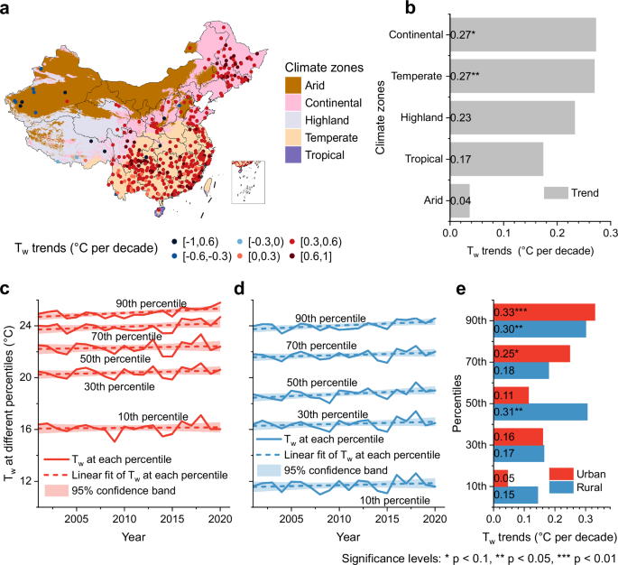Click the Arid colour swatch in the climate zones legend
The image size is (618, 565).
pyautogui.click(x=293, y=85)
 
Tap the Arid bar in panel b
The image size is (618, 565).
pyautogui.click(x=476, y=200)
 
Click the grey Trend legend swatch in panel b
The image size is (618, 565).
pyautogui.click(x=556, y=191)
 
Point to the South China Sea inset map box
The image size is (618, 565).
pyautogui.click(x=246, y=182)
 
